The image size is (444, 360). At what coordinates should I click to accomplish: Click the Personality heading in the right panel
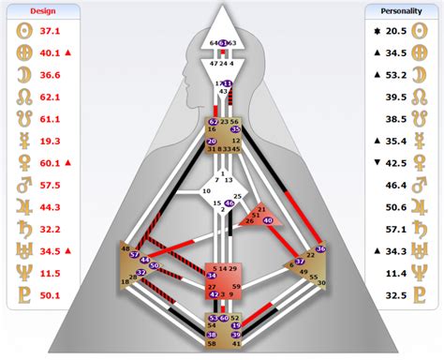click(x=401, y=12)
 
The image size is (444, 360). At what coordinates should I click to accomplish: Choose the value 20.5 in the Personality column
click(x=396, y=32)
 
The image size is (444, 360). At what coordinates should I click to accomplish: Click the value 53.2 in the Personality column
click(x=396, y=74)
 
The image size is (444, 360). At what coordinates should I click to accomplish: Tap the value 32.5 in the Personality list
click(x=396, y=295)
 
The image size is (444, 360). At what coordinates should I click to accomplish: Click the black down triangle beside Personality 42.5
click(x=375, y=161)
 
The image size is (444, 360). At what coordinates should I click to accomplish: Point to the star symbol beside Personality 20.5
click(x=375, y=32)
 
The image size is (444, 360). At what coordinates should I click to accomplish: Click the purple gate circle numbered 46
click(x=229, y=202)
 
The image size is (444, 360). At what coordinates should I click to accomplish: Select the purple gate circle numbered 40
click(x=268, y=219)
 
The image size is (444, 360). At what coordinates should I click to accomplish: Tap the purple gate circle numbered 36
click(x=320, y=249)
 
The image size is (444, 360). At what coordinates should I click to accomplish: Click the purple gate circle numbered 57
click(x=136, y=253)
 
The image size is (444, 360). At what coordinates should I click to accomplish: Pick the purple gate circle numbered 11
click(x=227, y=84)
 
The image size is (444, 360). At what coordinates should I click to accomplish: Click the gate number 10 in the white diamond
click(x=206, y=191)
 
